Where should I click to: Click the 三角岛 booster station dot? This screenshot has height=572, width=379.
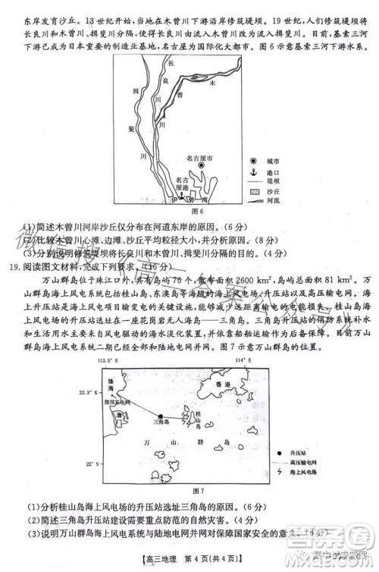point(160,414)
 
